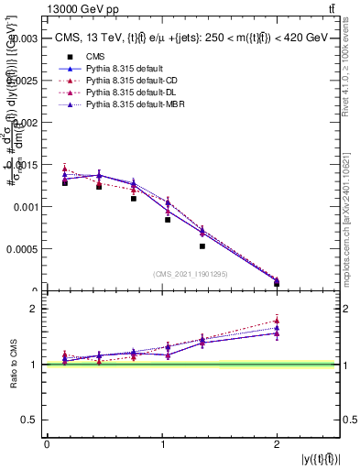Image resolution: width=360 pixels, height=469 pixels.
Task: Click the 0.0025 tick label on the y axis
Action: coord(21,82)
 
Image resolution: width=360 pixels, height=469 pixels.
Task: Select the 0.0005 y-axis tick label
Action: coord(21,249)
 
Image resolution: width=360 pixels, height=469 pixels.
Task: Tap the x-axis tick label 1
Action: coord(161,443)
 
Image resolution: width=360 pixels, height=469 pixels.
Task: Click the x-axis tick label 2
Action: coord(276,443)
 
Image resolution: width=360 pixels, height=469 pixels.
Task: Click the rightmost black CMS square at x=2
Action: coord(277,283)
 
